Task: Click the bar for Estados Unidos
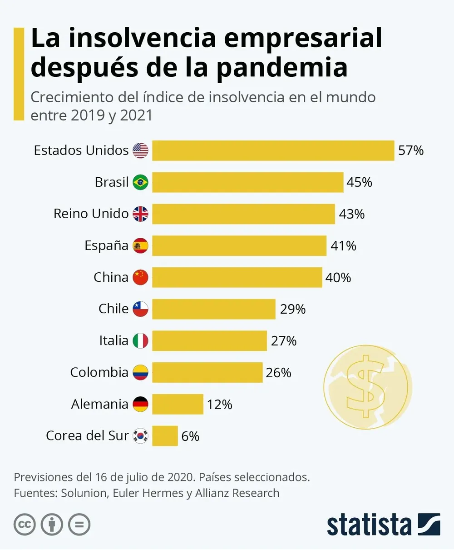[x=273, y=150]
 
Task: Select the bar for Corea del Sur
[x=165, y=436]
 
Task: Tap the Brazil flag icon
[x=140, y=182]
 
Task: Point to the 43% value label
[x=352, y=214]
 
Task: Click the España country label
[x=106, y=246]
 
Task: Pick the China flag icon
[x=140, y=277]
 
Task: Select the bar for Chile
[x=213, y=309]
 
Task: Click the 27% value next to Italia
[x=284, y=341]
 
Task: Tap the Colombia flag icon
[x=140, y=373]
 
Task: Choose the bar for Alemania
[x=178, y=404]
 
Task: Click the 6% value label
[x=190, y=436]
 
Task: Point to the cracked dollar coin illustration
[x=367, y=386]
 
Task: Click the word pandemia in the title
[x=281, y=67]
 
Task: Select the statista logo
[x=383, y=525]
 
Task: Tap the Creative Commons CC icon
[x=25, y=525]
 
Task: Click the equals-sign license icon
[x=79, y=525]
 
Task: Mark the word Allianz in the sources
[x=213, y=493]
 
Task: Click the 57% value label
[x=411, y=150]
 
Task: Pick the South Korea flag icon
[x=140, y=436]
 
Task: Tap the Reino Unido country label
[x=91, y=214]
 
